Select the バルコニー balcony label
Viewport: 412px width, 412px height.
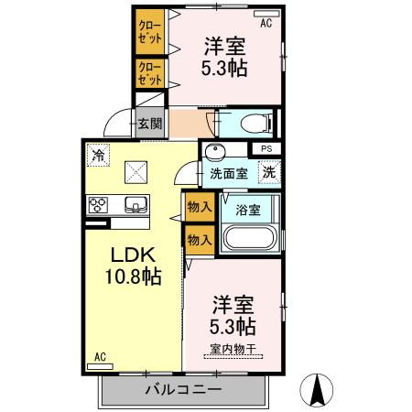[x=182, y=390]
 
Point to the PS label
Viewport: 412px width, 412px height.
[x=266, y=149]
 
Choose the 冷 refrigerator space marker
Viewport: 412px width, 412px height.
[x=97, y=156]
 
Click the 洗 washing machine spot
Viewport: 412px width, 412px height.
[x=269, y=170]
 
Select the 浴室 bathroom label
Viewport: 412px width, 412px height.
[x=248, y=209]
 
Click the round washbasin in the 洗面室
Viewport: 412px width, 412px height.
[x=216, y=152]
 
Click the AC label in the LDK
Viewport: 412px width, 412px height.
[x=102, y=357]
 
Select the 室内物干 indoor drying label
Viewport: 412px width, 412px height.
[x=234, y=348]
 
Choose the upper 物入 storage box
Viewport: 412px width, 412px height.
[x=199, y=206]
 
